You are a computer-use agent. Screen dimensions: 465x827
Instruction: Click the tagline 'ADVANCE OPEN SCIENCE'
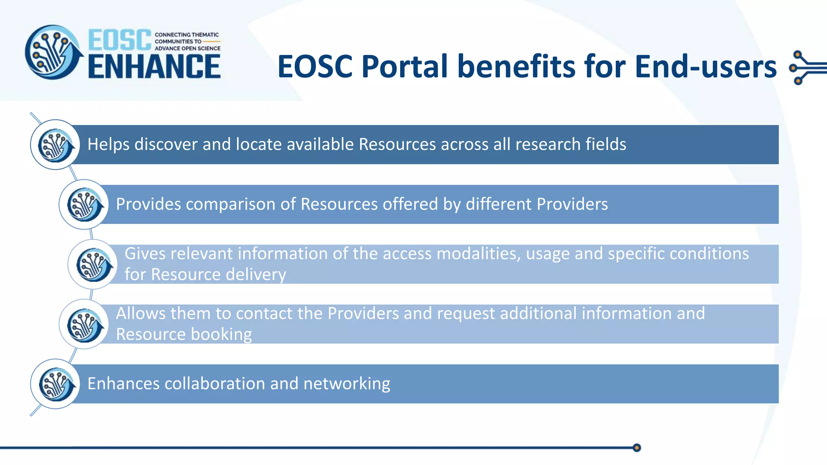tap(187, 48)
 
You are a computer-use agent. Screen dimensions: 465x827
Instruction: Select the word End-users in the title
tap(705, 67)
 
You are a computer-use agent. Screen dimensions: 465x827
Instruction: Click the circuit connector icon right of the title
tap(806, 67)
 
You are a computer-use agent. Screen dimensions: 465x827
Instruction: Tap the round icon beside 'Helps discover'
tap(55, 145)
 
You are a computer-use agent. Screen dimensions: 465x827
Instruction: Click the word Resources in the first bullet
tap(397, 145)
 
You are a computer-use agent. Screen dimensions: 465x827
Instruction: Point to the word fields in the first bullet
tap(606, 145)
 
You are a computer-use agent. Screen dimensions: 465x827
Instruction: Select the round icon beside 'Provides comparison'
tap(84, 204)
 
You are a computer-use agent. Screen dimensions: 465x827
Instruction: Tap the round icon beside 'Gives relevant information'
tap(93, 264)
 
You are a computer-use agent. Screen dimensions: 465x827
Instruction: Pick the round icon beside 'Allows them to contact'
tap(84, 324)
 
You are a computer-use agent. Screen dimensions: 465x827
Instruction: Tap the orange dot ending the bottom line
tap(637, 448)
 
